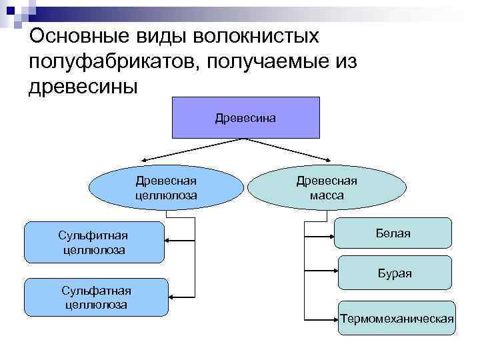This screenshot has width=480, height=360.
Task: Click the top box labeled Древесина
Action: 246,117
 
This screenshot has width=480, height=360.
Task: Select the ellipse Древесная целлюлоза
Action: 166,188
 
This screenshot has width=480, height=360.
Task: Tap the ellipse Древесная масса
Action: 327,188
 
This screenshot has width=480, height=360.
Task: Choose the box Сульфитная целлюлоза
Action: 94,243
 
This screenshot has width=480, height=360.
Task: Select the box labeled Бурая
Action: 395,273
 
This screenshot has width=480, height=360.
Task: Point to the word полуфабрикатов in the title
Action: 113,61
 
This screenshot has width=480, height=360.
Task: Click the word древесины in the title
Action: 84,87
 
